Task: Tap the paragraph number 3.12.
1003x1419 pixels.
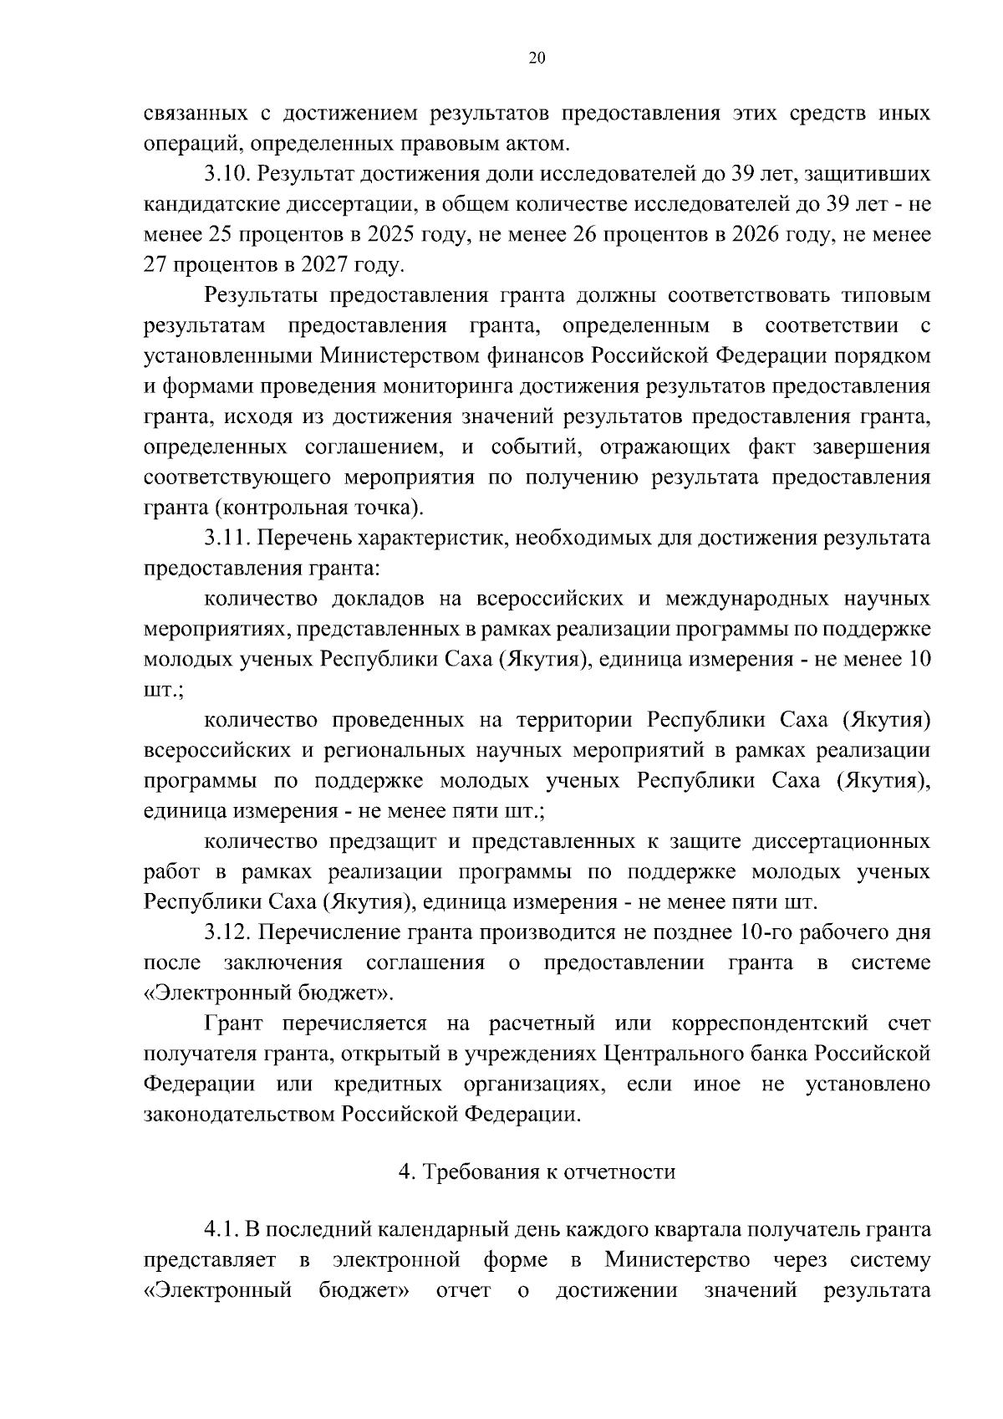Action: point(226,932)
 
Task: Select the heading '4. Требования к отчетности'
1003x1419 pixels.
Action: point(537,1172)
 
